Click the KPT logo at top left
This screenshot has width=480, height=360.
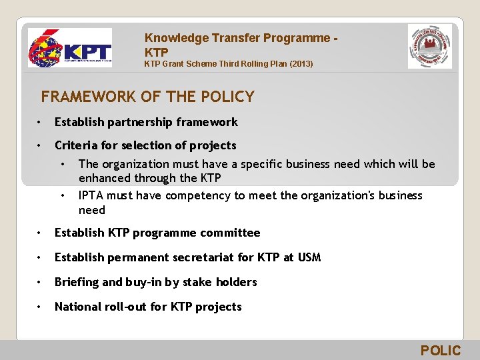click(69, 48)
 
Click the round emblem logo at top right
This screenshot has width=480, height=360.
click(430, 47)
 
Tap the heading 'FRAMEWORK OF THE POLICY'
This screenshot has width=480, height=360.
click(147, 97)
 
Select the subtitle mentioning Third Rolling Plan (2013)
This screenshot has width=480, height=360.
click(229, 64)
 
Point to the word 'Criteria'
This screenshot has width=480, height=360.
click(77, 145)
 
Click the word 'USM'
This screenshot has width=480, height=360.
click(309, 257)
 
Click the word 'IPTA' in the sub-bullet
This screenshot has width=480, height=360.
click(92, 195)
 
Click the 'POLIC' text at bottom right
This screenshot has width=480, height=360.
click(440, 351)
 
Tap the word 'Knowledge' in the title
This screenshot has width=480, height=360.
click(175, 38)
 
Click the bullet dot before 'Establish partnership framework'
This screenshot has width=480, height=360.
click(41, 122)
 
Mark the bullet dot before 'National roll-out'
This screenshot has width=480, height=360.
click(41, 307)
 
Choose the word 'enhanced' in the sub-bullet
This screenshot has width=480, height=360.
click(104, 178)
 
